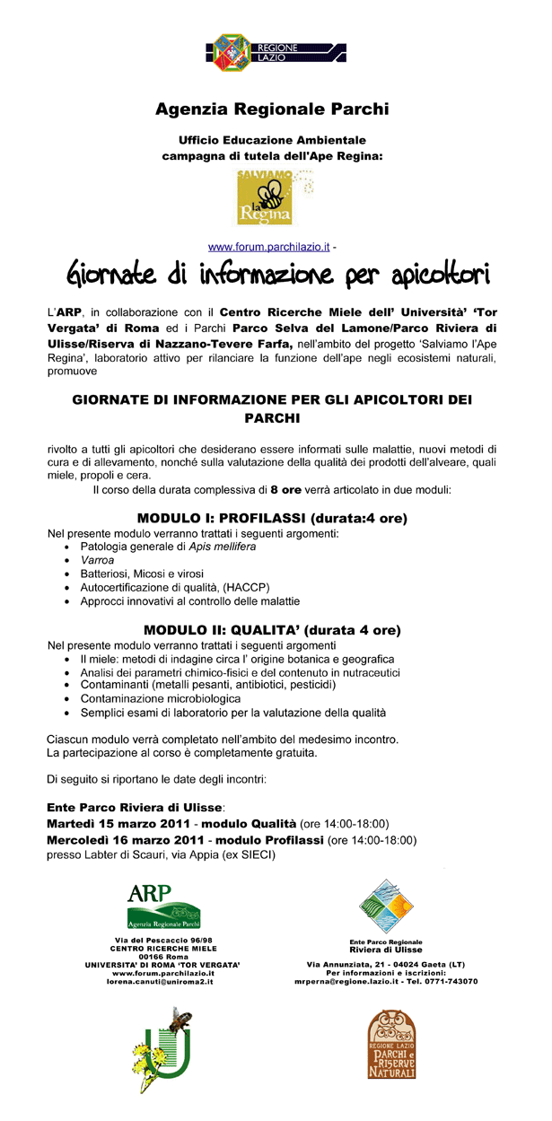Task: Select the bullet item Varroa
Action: pyautogui.click(x=97, y=559)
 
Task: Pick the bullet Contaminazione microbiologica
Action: pyautogui.click(x=160, y=698)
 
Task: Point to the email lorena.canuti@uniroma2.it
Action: pyautogui.click(x=162, y=983)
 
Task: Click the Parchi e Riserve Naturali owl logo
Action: pyautogui.click(x=392, y=1047)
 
